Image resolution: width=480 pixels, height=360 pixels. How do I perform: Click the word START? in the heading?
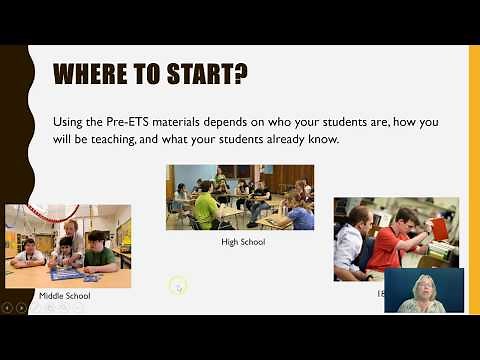click(x=209, y=75)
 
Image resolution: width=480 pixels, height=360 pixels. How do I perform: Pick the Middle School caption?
click(x=65, y=296)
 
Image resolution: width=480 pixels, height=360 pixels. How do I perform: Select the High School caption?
click(x=242, y=242)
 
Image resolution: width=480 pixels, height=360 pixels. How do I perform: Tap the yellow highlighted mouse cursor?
click(x=178, y=286)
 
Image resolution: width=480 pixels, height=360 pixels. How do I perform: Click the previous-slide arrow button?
click(x=7, y=307)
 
